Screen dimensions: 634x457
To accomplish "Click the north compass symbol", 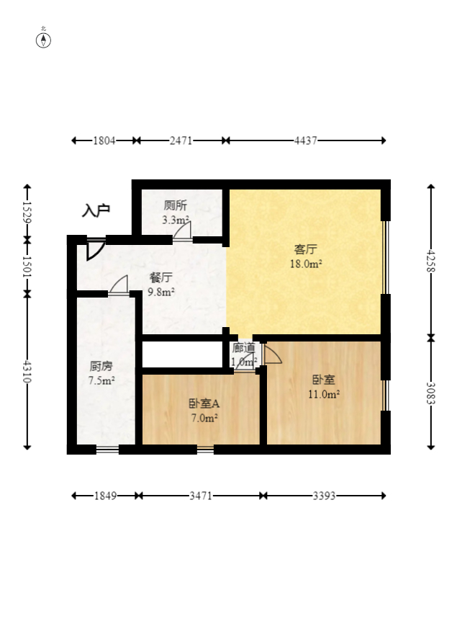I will click(44, 40).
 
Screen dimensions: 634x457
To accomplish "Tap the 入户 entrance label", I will click(96, 210).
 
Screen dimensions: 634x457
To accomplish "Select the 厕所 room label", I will click(175, 205).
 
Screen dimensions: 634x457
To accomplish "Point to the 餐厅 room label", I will click(160, 277).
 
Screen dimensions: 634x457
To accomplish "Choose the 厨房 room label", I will click(100, 365).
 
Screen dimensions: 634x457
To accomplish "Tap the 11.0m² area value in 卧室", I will click(325, 394).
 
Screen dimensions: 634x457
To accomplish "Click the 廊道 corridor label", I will click(243, 348).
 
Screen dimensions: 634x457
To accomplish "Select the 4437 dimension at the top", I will click(306, 140).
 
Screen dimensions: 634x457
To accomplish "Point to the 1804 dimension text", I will click(104, 140).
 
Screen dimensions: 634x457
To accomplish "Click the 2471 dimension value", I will click(181, 140).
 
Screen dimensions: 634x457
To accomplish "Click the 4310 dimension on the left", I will click(27, 371).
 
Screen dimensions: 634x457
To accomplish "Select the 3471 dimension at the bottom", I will click(200, 496).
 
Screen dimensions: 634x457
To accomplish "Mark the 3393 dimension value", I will click(323, 496).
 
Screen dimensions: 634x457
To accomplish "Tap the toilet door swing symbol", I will click(183, 231).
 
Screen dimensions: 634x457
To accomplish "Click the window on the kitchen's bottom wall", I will click(107, 450).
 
